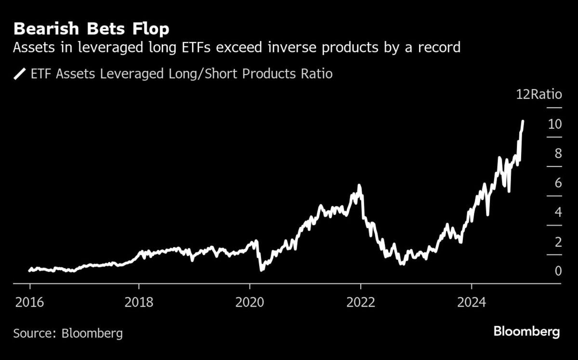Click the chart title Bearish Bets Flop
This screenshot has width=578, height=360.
coord(92,29)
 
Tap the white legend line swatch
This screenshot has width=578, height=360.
coord(20,74)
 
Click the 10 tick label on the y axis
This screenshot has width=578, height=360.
coord(554,124)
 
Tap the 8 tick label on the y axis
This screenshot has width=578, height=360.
coord(558,154)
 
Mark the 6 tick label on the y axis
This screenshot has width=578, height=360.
coord(558,183)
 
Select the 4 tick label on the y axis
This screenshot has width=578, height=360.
coord(558,213)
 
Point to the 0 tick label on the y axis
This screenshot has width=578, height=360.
coord(558,271)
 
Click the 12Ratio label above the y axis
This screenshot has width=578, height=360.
coord(539,94)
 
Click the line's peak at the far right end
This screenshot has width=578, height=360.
coord(523,121)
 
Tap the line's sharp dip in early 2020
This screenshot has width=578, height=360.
coord(262,270)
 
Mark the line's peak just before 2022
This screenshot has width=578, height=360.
coord(359,185)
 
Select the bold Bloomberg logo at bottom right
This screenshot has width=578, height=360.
coord(526,332)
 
